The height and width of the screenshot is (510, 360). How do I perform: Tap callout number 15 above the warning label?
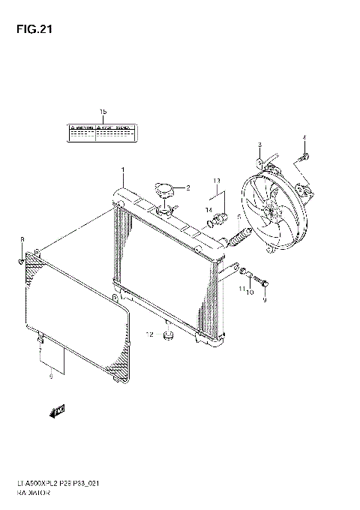pyautogui.click(x=103, y=114)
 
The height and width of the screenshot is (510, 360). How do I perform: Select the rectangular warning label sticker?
pyautogui.click(x=103, y=133)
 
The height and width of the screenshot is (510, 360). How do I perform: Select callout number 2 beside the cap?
pyautogui.click(x=188, y=187)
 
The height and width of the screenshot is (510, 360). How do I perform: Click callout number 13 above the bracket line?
pyautogui.click(x=215, y=181)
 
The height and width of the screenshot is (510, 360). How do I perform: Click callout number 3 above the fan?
pyautogui.click(x=259, y=145)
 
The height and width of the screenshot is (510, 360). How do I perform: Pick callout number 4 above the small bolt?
pyautogui.click(x=304, y=137)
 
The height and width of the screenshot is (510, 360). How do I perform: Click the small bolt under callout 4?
pyautogui.click(x=304, y=157)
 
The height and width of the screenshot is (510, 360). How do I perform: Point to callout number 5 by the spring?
pyautogui.click(x=238, y=218)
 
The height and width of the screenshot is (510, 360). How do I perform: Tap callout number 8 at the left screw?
pyautogui.click(x=22, y=239)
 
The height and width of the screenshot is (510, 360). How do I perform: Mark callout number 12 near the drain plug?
pyautogui.click(x=149, y=334)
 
